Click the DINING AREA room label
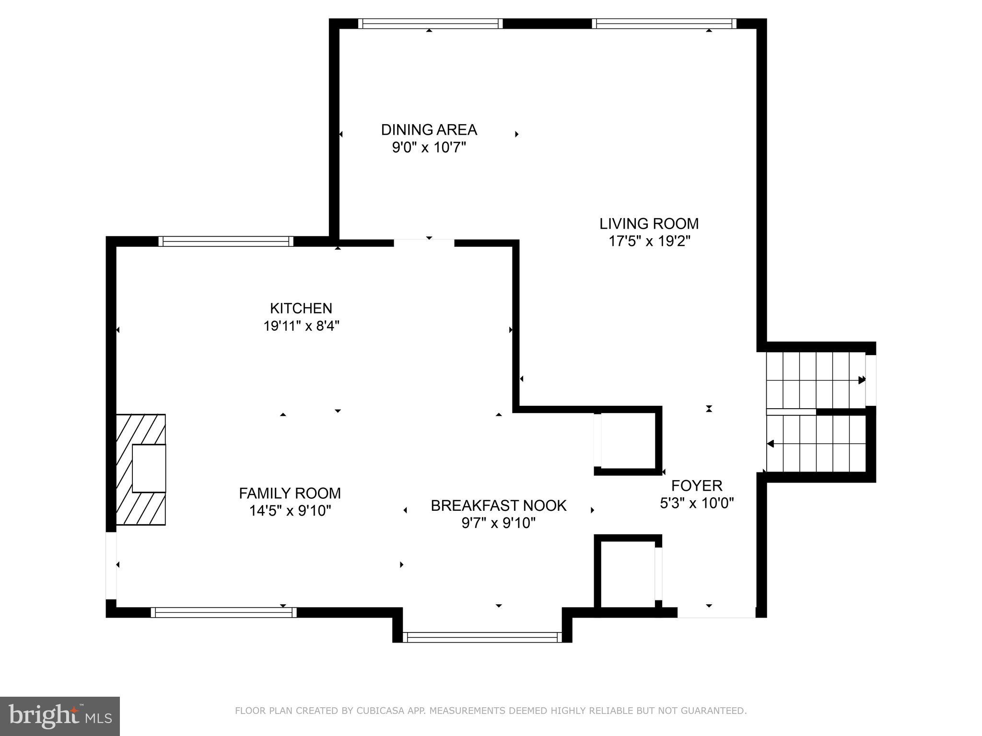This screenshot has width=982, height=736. (429, 129)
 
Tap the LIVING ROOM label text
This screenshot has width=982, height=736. (649, 223)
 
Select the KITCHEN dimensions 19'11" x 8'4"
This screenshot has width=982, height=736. (301, 326)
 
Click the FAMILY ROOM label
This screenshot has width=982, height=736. (290, 493)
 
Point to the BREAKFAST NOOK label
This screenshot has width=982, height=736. (498, 506)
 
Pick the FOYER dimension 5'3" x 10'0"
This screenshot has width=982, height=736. (697, 503)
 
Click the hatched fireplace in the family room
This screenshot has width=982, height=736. (141, 469)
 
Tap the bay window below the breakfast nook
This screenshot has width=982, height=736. (482, 637)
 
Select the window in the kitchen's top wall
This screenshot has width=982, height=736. (226, 241)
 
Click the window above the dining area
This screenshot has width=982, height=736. (430, 23)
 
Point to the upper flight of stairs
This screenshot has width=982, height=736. (815, 379)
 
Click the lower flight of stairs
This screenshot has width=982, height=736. (815, 444)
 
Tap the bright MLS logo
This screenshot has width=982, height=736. (59, 716)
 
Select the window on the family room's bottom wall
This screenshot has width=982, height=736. (223, 612)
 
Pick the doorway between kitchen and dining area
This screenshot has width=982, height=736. (424, 242)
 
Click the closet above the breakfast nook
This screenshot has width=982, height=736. (627, 441)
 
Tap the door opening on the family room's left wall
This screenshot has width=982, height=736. (111, 565)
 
